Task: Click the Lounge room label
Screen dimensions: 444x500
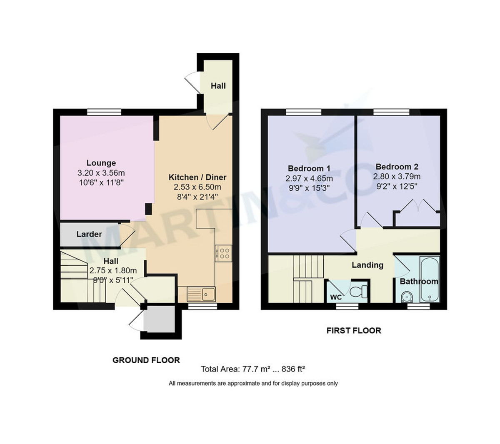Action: click(x=101, y=163)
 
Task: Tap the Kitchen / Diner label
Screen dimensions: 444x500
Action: click(x=197, y=177)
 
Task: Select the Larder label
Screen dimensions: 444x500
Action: click(x=89, y=234)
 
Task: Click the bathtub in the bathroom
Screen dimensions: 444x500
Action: click(x=429, y=279)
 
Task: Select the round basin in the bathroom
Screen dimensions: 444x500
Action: click(x=405, y=297)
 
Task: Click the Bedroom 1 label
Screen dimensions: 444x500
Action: click(x=309, y=169)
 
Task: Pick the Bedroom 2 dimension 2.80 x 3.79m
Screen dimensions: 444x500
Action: click(x=396, y=177)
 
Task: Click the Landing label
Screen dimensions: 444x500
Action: click(x=367, y=265)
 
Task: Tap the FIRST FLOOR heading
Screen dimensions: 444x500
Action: click(x=353, y=331)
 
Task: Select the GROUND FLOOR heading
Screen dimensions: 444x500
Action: click(x=146, y=360)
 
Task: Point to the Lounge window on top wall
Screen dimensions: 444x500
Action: click(x=104, y=112)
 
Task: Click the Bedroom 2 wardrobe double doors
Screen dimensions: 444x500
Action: click(x=416, y=207)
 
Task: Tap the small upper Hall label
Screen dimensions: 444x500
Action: click(x=218, y=86)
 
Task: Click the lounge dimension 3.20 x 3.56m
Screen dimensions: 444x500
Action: click(x=101, y=173)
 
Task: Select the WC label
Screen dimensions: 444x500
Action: click(x=336, y=297)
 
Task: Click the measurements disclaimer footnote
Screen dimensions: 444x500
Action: click(x=253, y=383)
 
